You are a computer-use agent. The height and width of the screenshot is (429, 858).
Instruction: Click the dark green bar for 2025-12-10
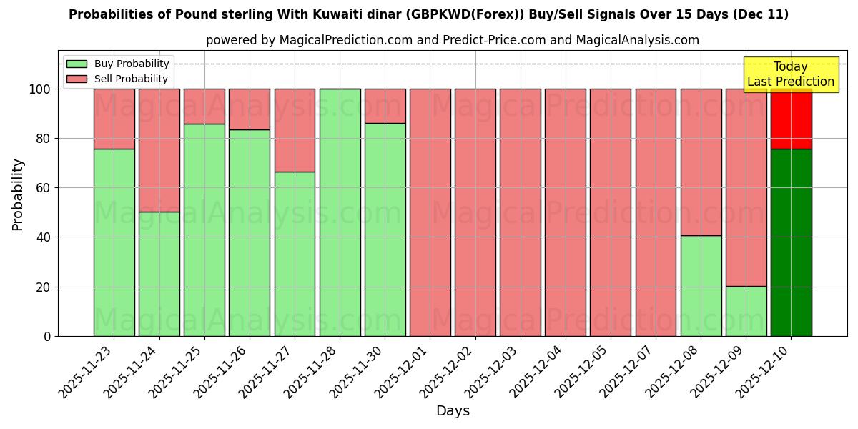coord(791,242)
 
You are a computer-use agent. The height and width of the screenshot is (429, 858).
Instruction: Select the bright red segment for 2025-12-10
coord(791,119)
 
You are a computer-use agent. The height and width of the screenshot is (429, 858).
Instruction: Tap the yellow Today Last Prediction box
coord(791,74)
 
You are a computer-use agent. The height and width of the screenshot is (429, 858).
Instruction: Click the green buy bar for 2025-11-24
coord(159,274)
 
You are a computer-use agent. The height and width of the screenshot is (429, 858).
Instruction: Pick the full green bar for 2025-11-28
coord(340,212)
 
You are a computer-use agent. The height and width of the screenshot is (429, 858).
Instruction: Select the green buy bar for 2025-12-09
coord(746,311)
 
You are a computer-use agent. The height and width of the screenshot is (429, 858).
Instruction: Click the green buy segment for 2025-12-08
coord(701,286)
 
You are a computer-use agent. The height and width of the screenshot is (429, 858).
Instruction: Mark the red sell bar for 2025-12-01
coord(430,212)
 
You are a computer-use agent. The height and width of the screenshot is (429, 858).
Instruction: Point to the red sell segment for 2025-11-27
coord(295,130)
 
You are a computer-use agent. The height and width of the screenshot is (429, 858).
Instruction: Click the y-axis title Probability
coord(18,194)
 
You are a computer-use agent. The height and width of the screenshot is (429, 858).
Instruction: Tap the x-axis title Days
coord(453,411)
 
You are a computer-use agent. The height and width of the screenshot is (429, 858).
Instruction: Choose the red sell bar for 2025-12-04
coord(565,212)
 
